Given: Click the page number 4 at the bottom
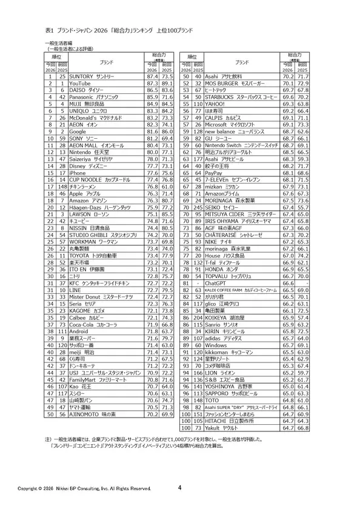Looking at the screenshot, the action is (180, 487).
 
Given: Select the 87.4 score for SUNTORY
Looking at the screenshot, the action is (151, 76).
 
